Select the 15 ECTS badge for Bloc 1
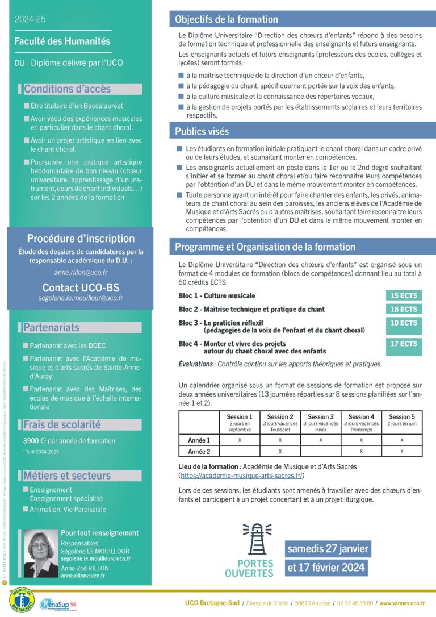[x=404, y=295]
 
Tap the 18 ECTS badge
[x=404, y=309]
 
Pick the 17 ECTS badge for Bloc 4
[x=404, y=344]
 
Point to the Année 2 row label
[x=199, y=451]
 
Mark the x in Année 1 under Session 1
[x=240, y=440]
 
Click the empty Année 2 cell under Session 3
[x=321, y=451]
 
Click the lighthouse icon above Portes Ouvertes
[x=256, y=537]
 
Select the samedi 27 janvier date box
[x=328, y=549]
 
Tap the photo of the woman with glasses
[x=41, y=553]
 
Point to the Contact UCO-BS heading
[x=81, y=287]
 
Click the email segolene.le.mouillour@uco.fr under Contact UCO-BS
[x=81, y=298]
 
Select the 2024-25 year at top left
[x=31, y=19]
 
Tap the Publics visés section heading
[x=202, y=131]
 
